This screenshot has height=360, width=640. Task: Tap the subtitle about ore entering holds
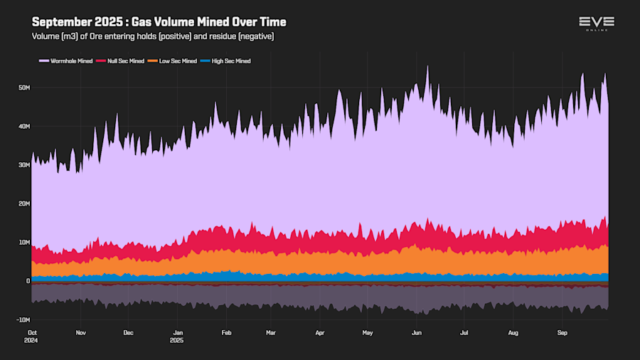pos(153,36)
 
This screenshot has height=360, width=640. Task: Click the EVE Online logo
pos(596,23)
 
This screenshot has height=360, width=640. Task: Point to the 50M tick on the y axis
pos(24,88)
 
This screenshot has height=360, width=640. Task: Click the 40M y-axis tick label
pos(24,126)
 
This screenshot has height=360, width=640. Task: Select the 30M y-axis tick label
pos(24,165)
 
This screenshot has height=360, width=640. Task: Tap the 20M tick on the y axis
pos(24,203)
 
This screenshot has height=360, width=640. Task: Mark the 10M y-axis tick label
pos(24,243)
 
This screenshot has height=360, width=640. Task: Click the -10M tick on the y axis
pos(23,319)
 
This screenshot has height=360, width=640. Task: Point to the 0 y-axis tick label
pos(28,281)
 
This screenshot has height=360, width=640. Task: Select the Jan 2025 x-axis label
pos(178,336)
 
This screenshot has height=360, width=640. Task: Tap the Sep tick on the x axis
pos(562,332)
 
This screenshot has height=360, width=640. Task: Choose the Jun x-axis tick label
pos(417,332)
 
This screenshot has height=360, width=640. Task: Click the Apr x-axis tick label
pos(319,332)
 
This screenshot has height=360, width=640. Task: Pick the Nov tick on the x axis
pos(80,332)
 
